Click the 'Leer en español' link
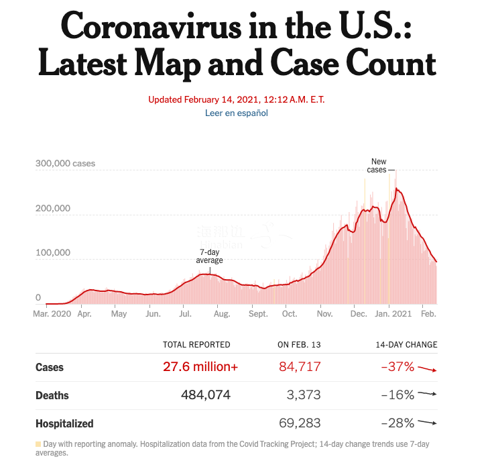[x=236, y=113]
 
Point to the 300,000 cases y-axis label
[x=65, y=163]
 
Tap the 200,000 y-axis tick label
[x=53, y=208]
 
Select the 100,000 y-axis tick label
[x=53, y=253]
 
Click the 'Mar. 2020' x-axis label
[x=52, y=313]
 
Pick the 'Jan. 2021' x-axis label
[x=393, y=313]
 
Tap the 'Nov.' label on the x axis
[x=325, y=313]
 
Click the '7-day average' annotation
[x=209, y=256]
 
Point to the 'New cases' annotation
[x=378, y=166]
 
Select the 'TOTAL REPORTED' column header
[x=196, y=345]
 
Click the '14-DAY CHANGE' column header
[x=406, y=345]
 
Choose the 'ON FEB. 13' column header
[x=299, y=345]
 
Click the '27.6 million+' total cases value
[x=200, y=367]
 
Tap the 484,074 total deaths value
[x=206, y=395]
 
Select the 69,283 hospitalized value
[x=300, y=423]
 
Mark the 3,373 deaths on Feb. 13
[x=304, y=395]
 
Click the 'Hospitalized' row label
[x=64, y=423]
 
